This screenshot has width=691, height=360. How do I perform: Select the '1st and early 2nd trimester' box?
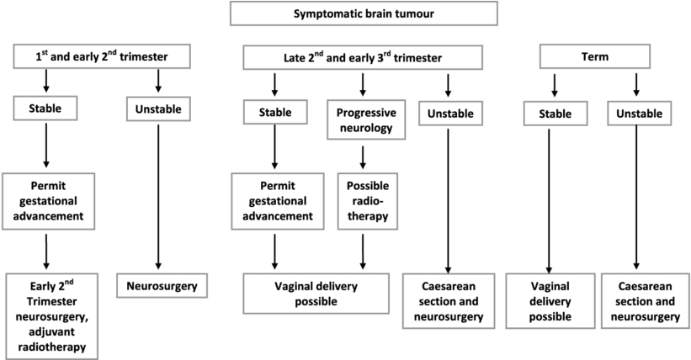point(101,57)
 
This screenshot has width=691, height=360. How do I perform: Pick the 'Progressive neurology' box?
point(366,121)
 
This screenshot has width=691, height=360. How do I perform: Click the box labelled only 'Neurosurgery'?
point(161,286)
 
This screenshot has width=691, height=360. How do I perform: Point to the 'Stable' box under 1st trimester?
point(45,108)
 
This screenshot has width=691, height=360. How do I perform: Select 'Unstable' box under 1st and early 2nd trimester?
point(158,109)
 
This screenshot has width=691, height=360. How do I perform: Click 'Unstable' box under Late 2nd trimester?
point(446,113)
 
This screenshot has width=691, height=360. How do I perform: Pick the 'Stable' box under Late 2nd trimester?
point(274,112)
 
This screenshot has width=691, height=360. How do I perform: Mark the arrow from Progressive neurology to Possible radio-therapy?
point(363,156)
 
